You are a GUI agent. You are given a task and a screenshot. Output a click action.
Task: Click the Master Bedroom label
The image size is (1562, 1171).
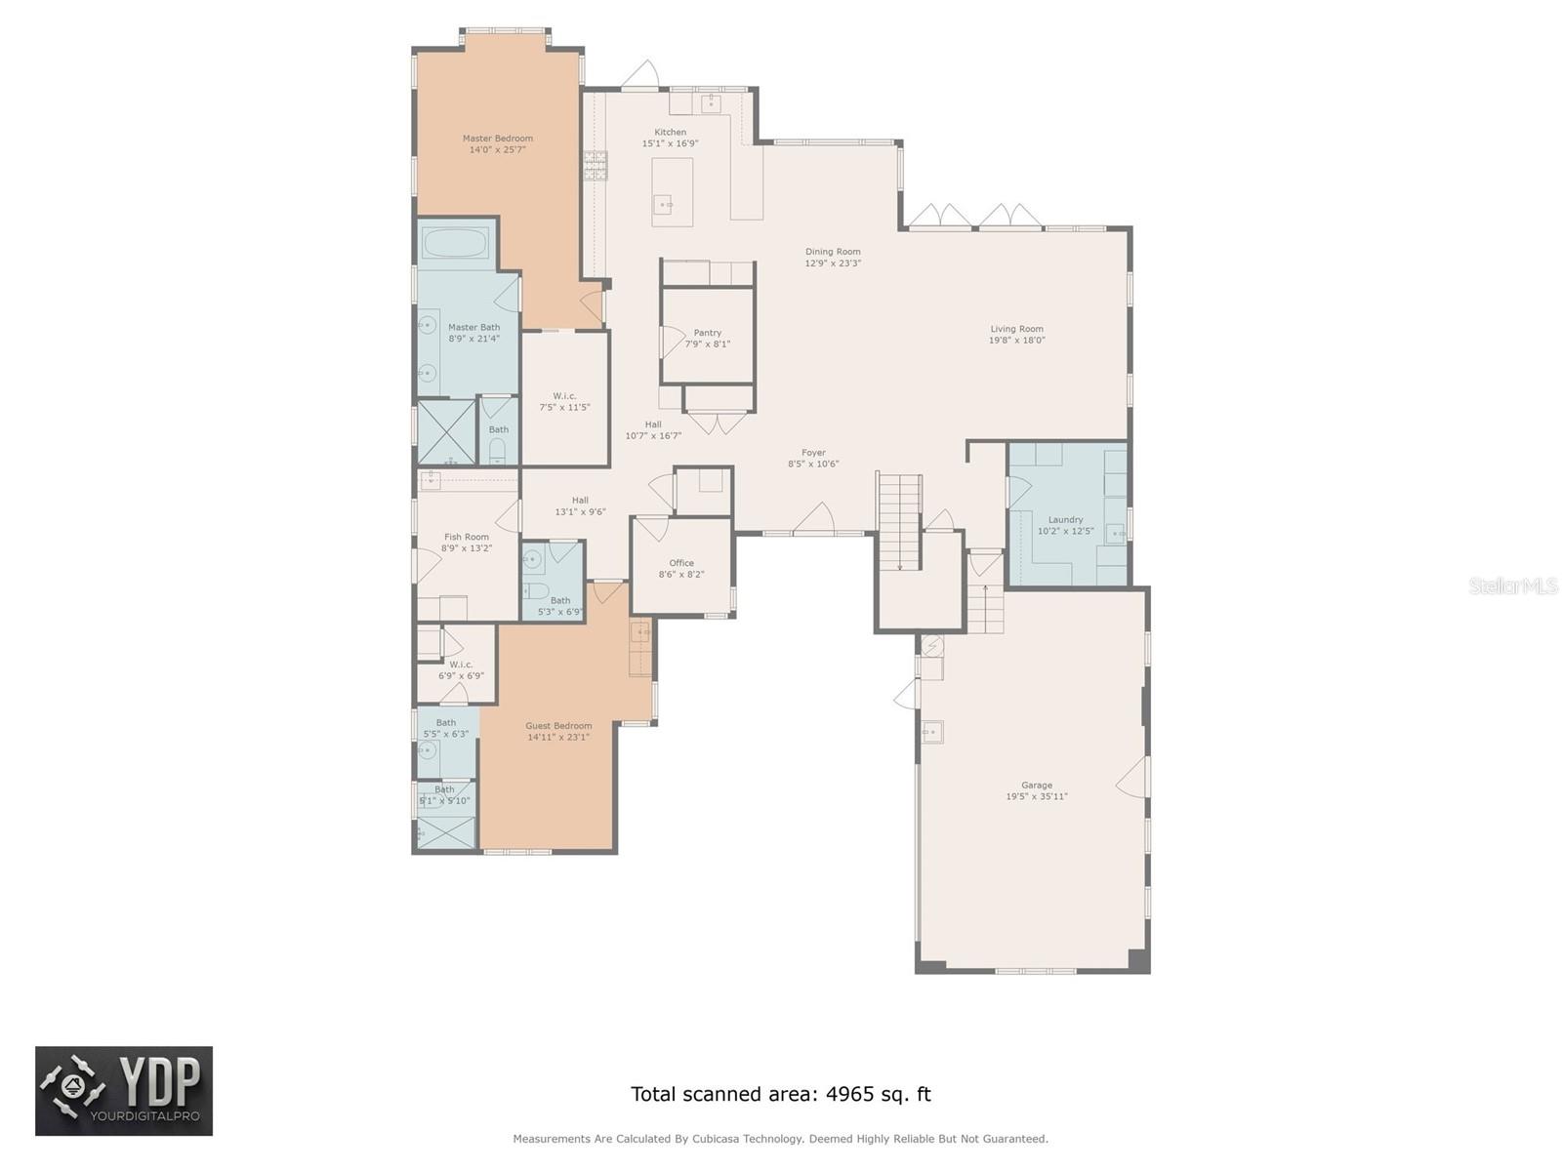(498, 139)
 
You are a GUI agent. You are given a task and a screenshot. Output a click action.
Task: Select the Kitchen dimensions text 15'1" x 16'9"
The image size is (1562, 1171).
(670, 143)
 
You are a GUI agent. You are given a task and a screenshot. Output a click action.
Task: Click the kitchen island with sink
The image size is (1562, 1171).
(672, 192)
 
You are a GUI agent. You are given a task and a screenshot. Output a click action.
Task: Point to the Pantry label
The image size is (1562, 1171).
(708, 333)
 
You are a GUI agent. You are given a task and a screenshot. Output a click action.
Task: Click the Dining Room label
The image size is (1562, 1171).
(833, 252)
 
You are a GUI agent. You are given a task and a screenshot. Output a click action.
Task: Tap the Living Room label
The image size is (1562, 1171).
(1016, 329)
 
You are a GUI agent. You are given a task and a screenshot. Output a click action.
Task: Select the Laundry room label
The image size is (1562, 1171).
(1065, 520)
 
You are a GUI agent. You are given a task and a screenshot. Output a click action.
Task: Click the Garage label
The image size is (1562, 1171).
(1037, 785)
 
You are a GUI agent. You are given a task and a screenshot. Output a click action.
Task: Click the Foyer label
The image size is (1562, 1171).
(813, 453)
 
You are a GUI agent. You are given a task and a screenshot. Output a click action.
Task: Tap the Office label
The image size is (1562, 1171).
(681, 563)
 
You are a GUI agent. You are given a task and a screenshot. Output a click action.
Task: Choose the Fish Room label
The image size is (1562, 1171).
(467, 537)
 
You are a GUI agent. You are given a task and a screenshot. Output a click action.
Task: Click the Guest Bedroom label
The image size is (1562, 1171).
(558, 726)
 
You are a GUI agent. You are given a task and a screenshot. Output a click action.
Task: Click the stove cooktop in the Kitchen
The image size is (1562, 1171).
(596, 166)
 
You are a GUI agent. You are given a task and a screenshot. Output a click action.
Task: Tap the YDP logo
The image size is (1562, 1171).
(124, 1091)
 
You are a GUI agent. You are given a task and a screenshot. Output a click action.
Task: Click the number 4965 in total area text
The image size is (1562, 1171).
(849, 1094)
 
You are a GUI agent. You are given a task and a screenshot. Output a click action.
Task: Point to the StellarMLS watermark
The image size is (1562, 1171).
(1513, 585)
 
